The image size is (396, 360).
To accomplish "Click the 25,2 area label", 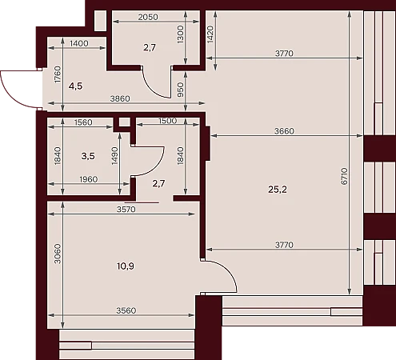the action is (x=278, y=190).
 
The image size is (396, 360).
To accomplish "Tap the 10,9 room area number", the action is (x=126, y=266).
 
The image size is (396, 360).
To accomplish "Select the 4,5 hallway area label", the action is (x=75, y=86).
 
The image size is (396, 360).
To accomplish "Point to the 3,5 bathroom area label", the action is (x=88, y=156).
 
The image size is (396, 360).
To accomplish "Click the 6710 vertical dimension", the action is (x=344, y=176).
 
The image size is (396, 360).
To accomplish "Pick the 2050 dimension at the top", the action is (x=148, y=17).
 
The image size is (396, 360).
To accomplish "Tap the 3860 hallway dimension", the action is (x=120, y=98).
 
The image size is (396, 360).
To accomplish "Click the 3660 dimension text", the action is (x=284, y=131).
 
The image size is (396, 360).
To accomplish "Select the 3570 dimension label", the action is (x=126, y=210).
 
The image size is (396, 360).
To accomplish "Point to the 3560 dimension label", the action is (x=126, y=310).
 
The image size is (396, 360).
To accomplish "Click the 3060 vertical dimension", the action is (x=58, y=254).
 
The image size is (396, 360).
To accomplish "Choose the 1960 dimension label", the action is (x=89, y=179).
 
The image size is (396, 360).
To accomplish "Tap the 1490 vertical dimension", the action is (x=114, y=156).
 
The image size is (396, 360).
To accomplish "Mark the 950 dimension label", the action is (x=181, y=90).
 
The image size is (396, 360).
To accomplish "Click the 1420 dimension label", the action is (x=210, y=34).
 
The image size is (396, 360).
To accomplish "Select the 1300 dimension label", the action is (x=181, y=34).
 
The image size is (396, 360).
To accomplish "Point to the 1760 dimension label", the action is (x=58, y=74).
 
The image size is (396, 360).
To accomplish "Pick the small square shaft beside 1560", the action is (x=122, y=122).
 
